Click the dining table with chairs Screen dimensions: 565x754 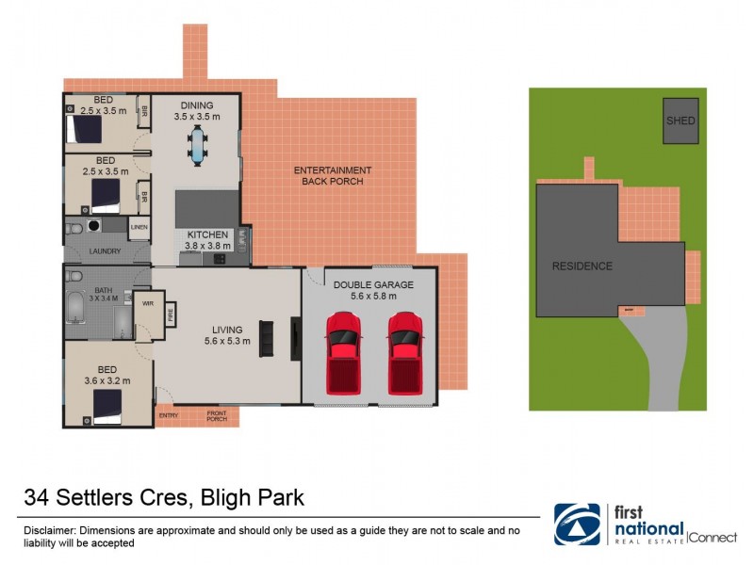pos(197,145)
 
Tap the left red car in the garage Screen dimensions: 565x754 pos(343,352)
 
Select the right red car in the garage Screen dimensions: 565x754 pos(404,352)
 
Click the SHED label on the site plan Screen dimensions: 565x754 pos(680,121)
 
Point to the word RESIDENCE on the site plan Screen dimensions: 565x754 pos(582,266)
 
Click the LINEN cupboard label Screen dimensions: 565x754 pos(139,227)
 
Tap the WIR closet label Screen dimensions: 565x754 pos(147,304)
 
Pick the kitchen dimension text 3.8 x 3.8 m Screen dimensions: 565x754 pos(208,246)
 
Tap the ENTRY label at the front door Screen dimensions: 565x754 pos(169,415)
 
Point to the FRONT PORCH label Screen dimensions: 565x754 pos(217,415)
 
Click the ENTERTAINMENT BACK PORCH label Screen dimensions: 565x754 pos(332,175)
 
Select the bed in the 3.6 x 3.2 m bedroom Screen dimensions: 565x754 pos(107,406)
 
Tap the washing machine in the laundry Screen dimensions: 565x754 pos(93,227)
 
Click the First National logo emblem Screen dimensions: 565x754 pos(577,525)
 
